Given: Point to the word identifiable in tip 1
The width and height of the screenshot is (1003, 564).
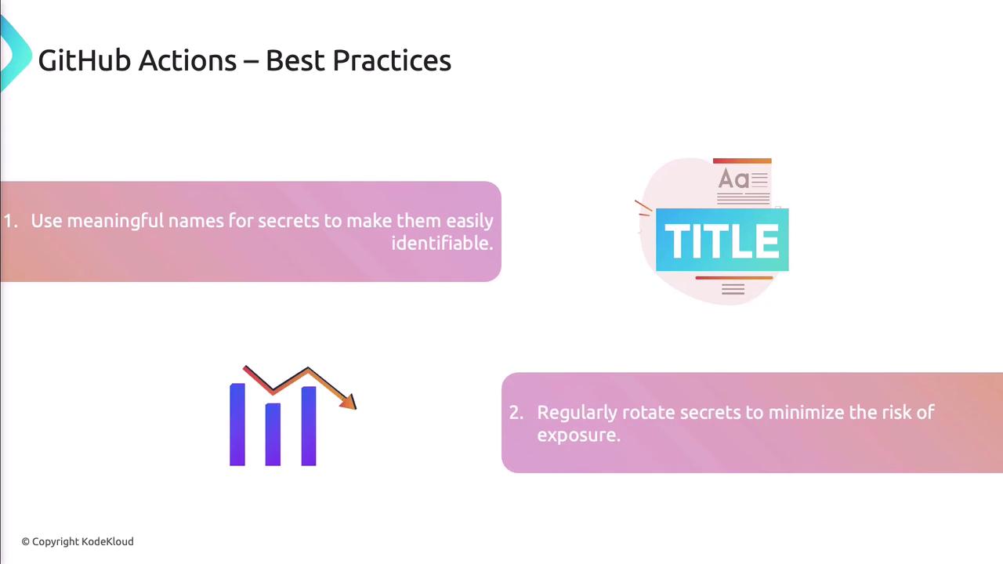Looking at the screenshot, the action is click(443, 243).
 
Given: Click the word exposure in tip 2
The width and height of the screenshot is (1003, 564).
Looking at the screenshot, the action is click(579, 435).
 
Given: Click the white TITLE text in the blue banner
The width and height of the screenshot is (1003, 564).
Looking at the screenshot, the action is click(722, 240).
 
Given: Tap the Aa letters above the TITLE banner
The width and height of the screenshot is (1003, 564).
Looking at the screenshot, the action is click(733, 179).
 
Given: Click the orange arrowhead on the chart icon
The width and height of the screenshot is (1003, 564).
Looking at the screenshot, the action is click(349, 402).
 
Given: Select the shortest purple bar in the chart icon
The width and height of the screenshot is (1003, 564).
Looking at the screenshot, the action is click(273, 434).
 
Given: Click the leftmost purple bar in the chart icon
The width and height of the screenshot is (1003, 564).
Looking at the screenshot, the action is click(237, 425).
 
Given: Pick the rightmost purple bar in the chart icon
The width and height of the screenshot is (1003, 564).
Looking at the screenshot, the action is click(309, 426).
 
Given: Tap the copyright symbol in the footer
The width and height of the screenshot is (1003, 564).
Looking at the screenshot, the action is click(26, 542).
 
